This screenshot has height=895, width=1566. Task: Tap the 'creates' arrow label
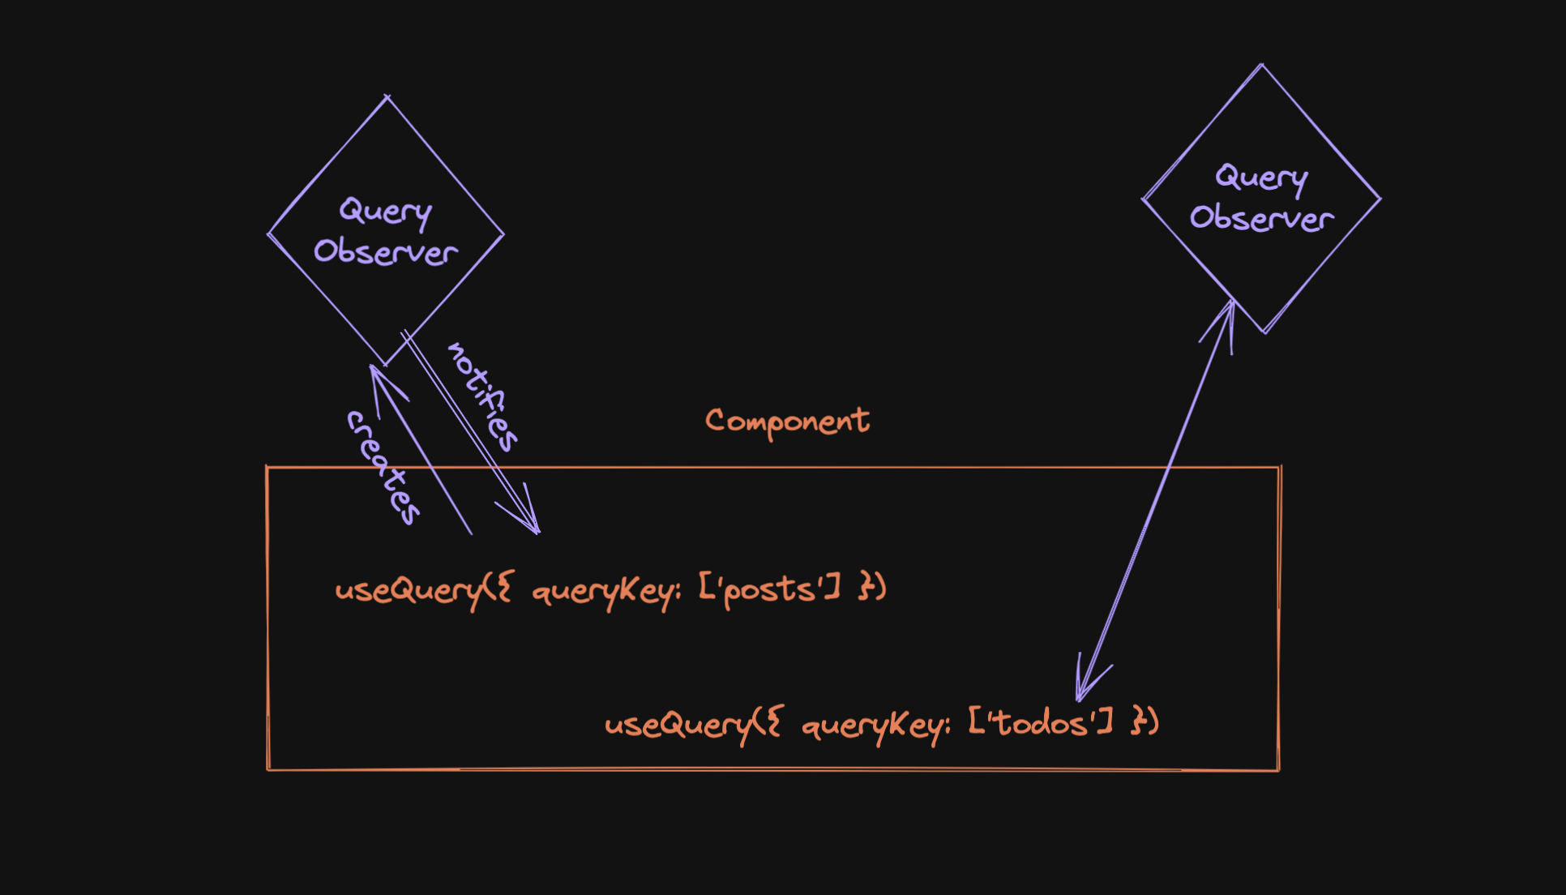tap(383, 468)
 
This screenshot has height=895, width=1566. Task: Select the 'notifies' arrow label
tap(483, 396)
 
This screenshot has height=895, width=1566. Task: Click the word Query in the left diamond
tap(385, 212)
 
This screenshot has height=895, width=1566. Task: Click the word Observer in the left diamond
tap(386, 252)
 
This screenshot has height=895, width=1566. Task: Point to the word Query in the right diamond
tap(1261, 178)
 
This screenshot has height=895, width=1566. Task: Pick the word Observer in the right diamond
tap(1261, 218)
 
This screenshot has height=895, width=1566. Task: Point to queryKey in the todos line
tap(874, 725)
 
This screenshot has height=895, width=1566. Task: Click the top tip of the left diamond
tap(387, 97)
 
